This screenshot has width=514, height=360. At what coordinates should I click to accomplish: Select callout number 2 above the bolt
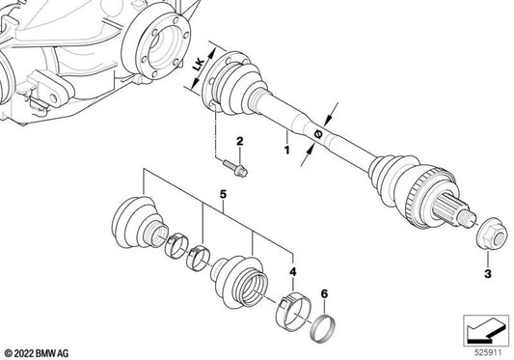click(240, 143)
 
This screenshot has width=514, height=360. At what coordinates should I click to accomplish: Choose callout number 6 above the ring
click(325, 293)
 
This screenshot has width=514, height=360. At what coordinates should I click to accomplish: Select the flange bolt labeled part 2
click(239, 171)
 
